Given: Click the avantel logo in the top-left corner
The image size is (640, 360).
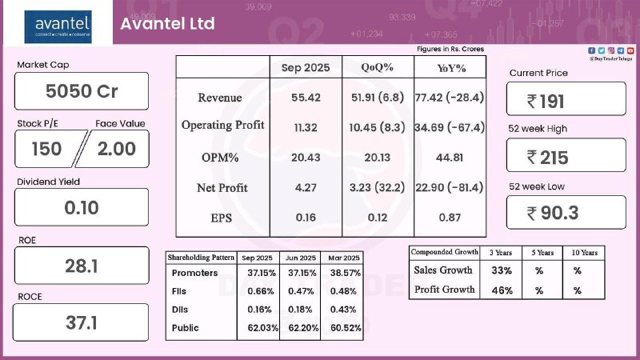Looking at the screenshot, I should [x=62, y=24].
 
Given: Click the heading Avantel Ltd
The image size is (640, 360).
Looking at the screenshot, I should [x=167, y=23].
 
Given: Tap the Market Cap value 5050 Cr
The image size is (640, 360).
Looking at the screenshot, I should [x=82, y=91].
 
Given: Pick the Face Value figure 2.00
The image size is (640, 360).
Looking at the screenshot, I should [x=116, y=148].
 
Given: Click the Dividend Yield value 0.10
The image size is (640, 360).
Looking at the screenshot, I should [x=82, y=207].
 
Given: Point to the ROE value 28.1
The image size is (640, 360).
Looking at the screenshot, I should [x=82, y=266].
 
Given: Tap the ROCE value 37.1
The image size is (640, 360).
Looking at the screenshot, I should [x=82, y=323].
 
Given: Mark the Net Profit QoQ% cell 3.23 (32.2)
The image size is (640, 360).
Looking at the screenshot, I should [x=377, y=188].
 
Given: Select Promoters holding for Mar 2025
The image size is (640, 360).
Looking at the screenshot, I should [x=342, y=273].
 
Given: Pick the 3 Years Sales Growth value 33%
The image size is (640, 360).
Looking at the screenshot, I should [x=501, y=270].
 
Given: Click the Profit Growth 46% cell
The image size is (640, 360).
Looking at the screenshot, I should [x=501, y=290].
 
